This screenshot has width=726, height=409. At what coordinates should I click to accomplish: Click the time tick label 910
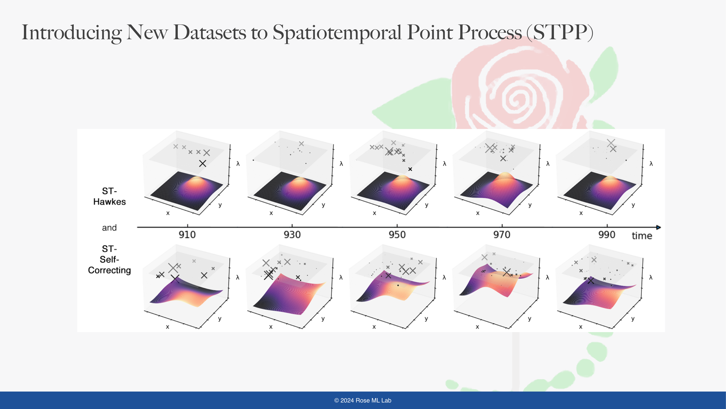tap(187, 234)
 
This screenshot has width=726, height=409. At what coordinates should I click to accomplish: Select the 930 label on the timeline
tap(292, 234)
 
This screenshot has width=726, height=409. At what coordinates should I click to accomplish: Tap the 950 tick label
tap(397, 234)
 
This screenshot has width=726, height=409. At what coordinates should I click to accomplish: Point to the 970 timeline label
tap(502, 234)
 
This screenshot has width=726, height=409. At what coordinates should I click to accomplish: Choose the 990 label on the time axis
tap(607, 234)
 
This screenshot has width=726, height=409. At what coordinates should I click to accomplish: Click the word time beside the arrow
tap(642, 236)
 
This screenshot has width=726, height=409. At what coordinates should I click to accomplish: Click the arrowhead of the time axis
tap(659, 227)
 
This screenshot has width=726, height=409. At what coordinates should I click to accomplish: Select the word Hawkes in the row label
tap(109, 202)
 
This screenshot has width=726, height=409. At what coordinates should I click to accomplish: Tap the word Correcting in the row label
tap(109, 270)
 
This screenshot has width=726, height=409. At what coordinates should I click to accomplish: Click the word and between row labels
tap(109, 227)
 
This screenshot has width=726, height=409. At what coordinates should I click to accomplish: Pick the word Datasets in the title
tap(209, 32)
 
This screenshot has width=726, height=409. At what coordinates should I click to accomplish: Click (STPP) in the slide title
tap(560, 32)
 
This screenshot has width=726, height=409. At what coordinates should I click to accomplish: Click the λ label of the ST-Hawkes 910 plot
tap(238, 163)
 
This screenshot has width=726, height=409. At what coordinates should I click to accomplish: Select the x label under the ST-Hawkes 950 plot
tap(374, 213)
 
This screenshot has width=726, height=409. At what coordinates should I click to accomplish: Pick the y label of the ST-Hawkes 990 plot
tap(633, 205)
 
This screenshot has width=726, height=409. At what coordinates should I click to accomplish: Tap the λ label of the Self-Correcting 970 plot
tap(547, 278)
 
